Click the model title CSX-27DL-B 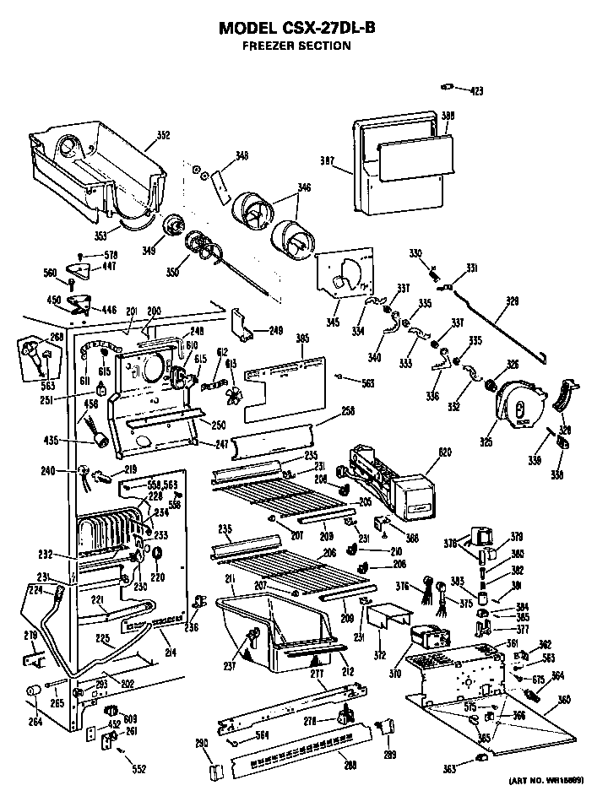(297, 28)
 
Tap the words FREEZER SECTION (297, 46)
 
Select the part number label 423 (476, 90)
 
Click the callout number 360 (564, 701)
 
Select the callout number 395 (302, 339)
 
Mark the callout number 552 (138, 770)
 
